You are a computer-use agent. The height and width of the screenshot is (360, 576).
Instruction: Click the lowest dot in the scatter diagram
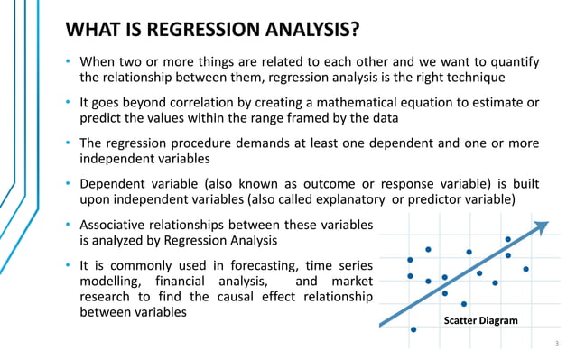click(413, 329)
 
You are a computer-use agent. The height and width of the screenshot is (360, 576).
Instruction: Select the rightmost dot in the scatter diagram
click(525, 269)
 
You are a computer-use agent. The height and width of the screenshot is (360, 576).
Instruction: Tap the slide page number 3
click(557, 344)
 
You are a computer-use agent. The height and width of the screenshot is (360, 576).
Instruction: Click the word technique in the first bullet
click(499, 78)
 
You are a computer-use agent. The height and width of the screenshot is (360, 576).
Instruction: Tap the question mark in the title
click(355, 31)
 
